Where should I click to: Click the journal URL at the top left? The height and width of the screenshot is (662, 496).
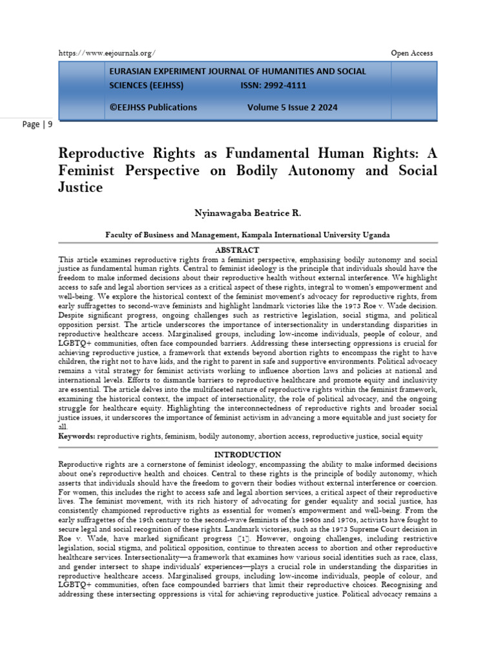click(x=107, y=53)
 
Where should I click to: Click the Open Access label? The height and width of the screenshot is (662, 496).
click(x=412, y=53)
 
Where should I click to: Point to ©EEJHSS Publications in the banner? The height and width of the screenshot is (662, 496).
click(x=153, y=107)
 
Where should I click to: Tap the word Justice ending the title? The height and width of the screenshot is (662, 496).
click(x=81, y=188)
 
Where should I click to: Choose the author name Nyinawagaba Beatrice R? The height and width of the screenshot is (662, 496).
click(x=248, y=213)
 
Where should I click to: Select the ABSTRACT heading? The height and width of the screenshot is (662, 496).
click(x=238, y=250)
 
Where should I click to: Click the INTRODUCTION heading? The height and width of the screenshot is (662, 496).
click(x=247, y=454)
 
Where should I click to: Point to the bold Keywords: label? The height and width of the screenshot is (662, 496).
click(x=77, y=437)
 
